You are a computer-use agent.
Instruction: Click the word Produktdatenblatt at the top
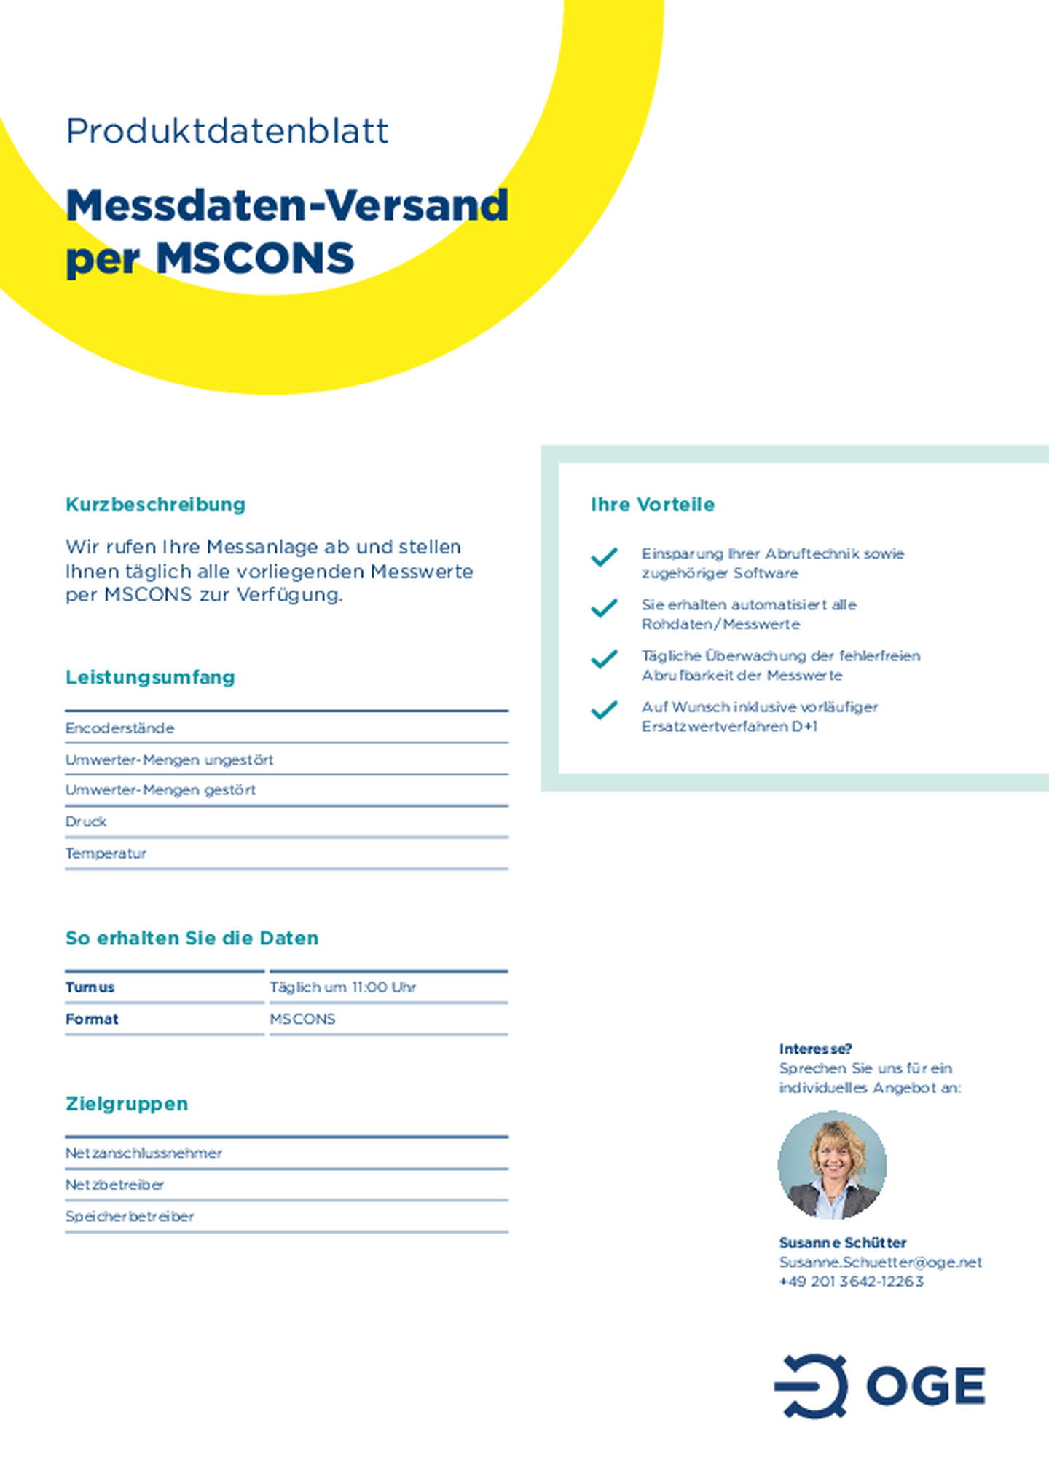point(227,132)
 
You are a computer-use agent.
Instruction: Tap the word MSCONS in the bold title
point(254,258)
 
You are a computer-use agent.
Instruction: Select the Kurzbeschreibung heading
point(155,504)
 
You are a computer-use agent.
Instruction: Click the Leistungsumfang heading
point(150,677)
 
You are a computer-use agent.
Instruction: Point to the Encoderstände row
point(119,728)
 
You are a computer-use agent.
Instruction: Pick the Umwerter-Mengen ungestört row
point(169,759)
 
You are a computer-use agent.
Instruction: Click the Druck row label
point(86,821)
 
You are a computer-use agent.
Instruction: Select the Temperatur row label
point(106,853)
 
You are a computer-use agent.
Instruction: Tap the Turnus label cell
point(90,987)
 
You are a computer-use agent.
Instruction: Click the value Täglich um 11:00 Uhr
point(342,987)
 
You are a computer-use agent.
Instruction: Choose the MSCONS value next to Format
point(302,1019)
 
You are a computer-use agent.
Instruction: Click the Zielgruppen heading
point(127,1104)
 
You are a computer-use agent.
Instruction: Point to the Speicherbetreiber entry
point(130,1216)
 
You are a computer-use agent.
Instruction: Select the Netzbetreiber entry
point(114,1185)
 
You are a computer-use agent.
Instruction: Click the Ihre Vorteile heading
point(653,504)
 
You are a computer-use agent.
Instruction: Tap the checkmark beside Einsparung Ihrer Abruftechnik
point(604,557)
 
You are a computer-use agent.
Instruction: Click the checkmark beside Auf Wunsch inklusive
point(604,710)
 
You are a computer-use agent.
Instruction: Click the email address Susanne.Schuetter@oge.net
point(880,1262)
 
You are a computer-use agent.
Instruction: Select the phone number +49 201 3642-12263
point(851,1282)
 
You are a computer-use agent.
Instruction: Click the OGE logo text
point(925,1386)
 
